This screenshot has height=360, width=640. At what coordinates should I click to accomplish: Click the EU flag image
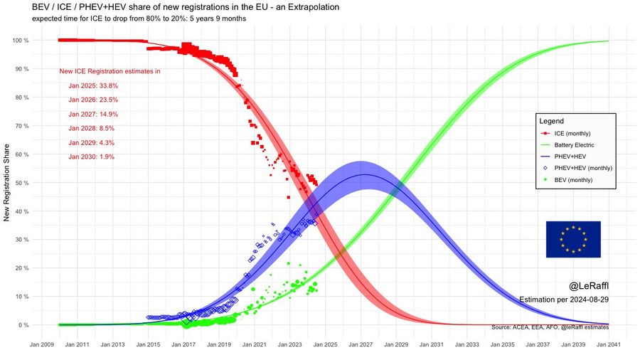click(573, 239)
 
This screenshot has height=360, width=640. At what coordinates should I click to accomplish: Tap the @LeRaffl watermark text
click(589, 286)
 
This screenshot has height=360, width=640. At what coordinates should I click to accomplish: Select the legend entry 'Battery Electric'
click(574, 145)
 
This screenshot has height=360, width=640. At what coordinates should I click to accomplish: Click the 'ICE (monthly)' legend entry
click(572, 134)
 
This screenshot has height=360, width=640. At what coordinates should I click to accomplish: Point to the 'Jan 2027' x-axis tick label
click(361, 344)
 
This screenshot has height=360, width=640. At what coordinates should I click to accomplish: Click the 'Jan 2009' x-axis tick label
click(42, 344)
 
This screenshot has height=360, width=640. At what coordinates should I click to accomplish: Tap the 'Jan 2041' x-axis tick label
click(609, 344)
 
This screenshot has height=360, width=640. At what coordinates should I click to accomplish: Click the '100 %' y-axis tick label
click(21, 41)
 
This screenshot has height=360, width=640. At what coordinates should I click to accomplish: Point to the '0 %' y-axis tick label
click(23, 325)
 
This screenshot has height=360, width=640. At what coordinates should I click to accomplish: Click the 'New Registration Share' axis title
click(6, 182)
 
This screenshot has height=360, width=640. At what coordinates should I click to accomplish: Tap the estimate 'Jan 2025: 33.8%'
click(93, 85)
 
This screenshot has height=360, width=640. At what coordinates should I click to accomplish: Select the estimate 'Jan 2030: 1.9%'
click(92, 157)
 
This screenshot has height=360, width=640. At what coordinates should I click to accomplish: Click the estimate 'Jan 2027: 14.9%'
click(93, 115)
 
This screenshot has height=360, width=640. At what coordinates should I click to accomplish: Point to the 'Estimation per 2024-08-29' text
click(564, 300)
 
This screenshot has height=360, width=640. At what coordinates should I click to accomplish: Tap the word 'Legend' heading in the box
click(551, 121)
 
